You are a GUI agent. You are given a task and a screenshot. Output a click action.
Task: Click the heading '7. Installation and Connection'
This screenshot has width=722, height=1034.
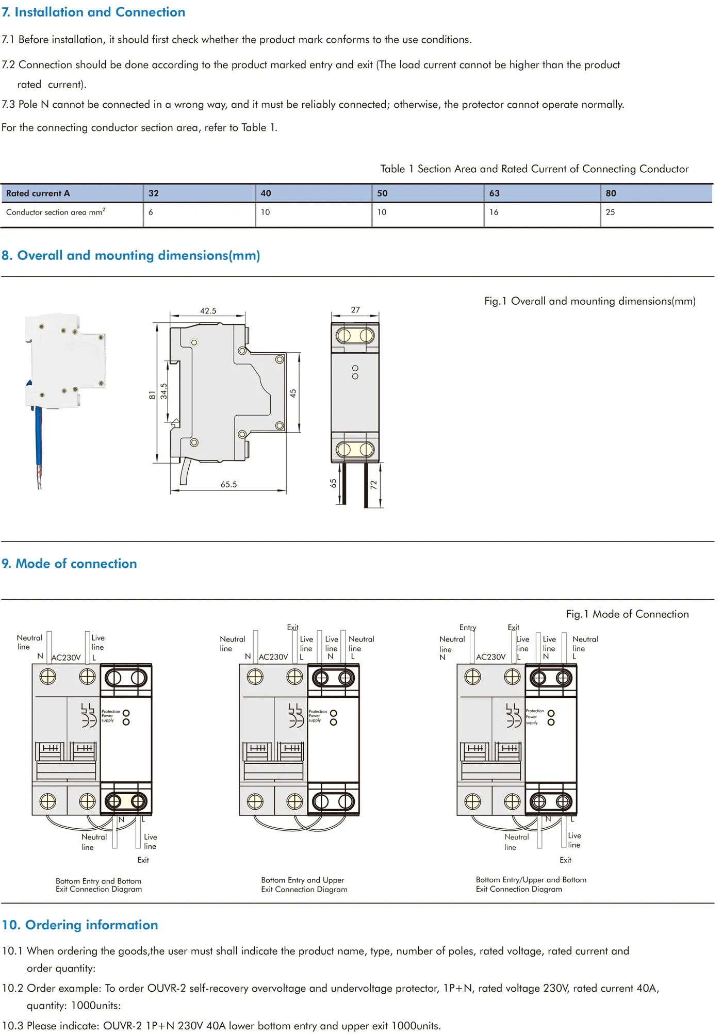point(93,12)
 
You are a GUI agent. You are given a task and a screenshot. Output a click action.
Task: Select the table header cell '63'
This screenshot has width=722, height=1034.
point(494,193)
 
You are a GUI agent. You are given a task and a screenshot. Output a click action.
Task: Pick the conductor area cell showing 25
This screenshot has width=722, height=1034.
point(610,212)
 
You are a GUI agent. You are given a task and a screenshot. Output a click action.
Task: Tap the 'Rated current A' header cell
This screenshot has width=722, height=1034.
point(38,193)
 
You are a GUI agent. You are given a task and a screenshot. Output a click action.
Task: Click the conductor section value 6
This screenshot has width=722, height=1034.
point(151,212)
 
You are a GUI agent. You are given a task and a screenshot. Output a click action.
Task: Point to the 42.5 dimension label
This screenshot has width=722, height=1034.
point(208,311)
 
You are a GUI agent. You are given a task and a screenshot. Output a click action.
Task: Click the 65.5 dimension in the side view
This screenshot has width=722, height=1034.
point(228,485)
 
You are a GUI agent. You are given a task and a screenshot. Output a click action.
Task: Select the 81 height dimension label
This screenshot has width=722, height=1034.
point(152,395)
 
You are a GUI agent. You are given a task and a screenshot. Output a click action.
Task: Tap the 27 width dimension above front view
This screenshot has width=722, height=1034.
point(355,310)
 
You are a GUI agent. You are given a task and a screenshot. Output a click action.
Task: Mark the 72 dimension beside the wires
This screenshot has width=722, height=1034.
point(373,485)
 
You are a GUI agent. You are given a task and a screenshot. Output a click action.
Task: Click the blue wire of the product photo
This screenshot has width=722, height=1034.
point(38,444)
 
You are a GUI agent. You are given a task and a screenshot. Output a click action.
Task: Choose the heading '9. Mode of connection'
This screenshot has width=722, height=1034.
point(70,564)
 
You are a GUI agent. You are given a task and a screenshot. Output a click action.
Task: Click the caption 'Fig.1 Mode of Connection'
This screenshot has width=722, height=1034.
point(627,614)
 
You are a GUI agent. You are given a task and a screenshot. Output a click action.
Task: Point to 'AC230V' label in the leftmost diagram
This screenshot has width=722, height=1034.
point(66,658)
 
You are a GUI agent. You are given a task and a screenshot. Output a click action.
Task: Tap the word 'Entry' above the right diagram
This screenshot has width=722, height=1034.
point(468,628)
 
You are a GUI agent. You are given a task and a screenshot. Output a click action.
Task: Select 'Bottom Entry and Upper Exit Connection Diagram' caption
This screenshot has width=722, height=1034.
point(304,885)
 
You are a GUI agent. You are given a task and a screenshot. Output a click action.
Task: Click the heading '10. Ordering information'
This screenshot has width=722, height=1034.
point(80,925)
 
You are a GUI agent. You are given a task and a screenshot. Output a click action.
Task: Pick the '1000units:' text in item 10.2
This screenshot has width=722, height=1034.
point(95,1006)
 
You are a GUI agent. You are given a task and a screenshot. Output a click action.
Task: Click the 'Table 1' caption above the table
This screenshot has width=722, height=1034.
point(534,169)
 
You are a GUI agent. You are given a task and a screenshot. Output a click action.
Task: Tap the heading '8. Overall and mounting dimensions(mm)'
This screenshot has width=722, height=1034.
point(131,256)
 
